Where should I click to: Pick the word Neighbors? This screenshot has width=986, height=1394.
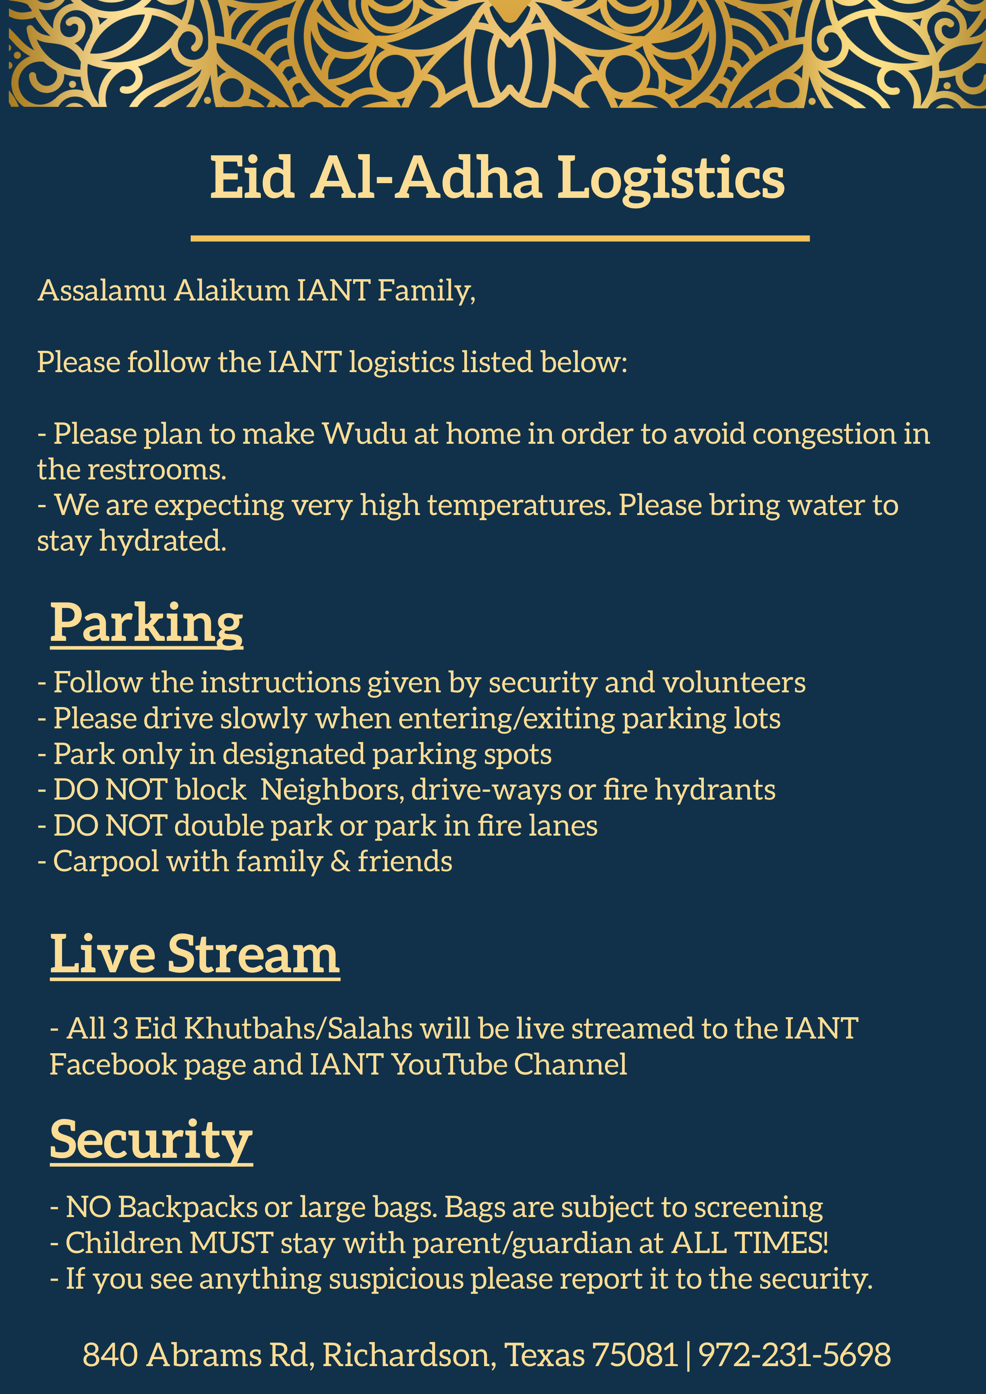point(332,790)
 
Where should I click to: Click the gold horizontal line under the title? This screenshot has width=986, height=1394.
point(500,239)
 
